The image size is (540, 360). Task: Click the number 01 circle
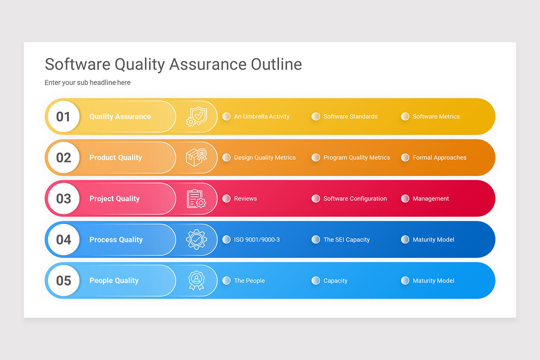pos(63,117)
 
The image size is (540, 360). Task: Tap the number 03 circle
pos(63,198)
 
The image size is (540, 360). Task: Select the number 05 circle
pos(63,280)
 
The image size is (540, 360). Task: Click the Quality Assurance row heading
pos(120,117)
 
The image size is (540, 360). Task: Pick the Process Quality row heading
pos(116,239)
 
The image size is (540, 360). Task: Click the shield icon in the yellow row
pos(196,117)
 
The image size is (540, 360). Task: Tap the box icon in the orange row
pos(196,157)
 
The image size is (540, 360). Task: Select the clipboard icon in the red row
pos(196,198)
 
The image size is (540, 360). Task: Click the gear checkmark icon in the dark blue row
pos(196,239)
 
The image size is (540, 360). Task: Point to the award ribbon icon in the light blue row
pos(196,280)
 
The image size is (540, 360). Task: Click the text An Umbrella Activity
pos(261,117)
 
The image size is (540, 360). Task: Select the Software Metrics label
pos(436,117)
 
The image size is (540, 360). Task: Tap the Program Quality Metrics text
pos(356,157)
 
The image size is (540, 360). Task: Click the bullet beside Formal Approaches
pos(405,157)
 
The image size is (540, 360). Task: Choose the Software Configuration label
pos(355,198)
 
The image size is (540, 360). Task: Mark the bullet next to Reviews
pos(226,198)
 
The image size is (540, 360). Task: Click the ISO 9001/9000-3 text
pos(256,239)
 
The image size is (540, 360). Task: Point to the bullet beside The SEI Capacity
pos(316,239)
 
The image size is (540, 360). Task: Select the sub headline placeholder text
pos(87,83)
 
